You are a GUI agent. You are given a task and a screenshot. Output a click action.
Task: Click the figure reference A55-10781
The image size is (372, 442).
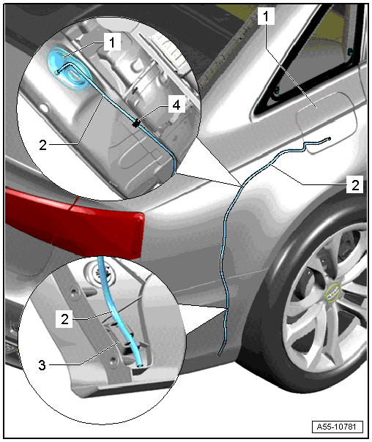(x=337, y=427)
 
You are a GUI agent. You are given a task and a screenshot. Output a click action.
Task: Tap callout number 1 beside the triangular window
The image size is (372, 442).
(x=266, y=16)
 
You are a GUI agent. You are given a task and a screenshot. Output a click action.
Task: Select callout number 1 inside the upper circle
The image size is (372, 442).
(x=112, y=42)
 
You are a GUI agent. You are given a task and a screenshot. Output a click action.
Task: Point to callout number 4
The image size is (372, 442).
(x=176, y=105)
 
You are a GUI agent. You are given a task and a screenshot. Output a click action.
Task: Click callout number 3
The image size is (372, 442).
(x=42, y=365)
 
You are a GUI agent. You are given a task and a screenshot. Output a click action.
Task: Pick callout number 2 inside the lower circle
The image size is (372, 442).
(x=64, y=319)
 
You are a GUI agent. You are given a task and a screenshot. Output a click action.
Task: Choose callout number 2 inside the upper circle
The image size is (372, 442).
(x=42, y=145)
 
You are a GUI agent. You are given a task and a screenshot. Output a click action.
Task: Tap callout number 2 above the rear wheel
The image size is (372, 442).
(x=355, y=184)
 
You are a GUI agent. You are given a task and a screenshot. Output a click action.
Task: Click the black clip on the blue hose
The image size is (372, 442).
(x=136, y=123)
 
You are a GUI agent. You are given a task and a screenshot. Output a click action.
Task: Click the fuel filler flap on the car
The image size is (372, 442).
(x=327, y=123)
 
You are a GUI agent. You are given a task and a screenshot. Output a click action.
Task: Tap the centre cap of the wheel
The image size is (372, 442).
(x=332, y=293)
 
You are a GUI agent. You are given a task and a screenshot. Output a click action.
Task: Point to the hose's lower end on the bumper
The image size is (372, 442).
(x=219, y=355)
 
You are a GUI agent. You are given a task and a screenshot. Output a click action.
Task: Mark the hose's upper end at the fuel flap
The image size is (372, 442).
(x=329, y=138)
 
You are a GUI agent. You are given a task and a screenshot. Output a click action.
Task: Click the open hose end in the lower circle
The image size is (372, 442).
(x=140, y=366)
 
